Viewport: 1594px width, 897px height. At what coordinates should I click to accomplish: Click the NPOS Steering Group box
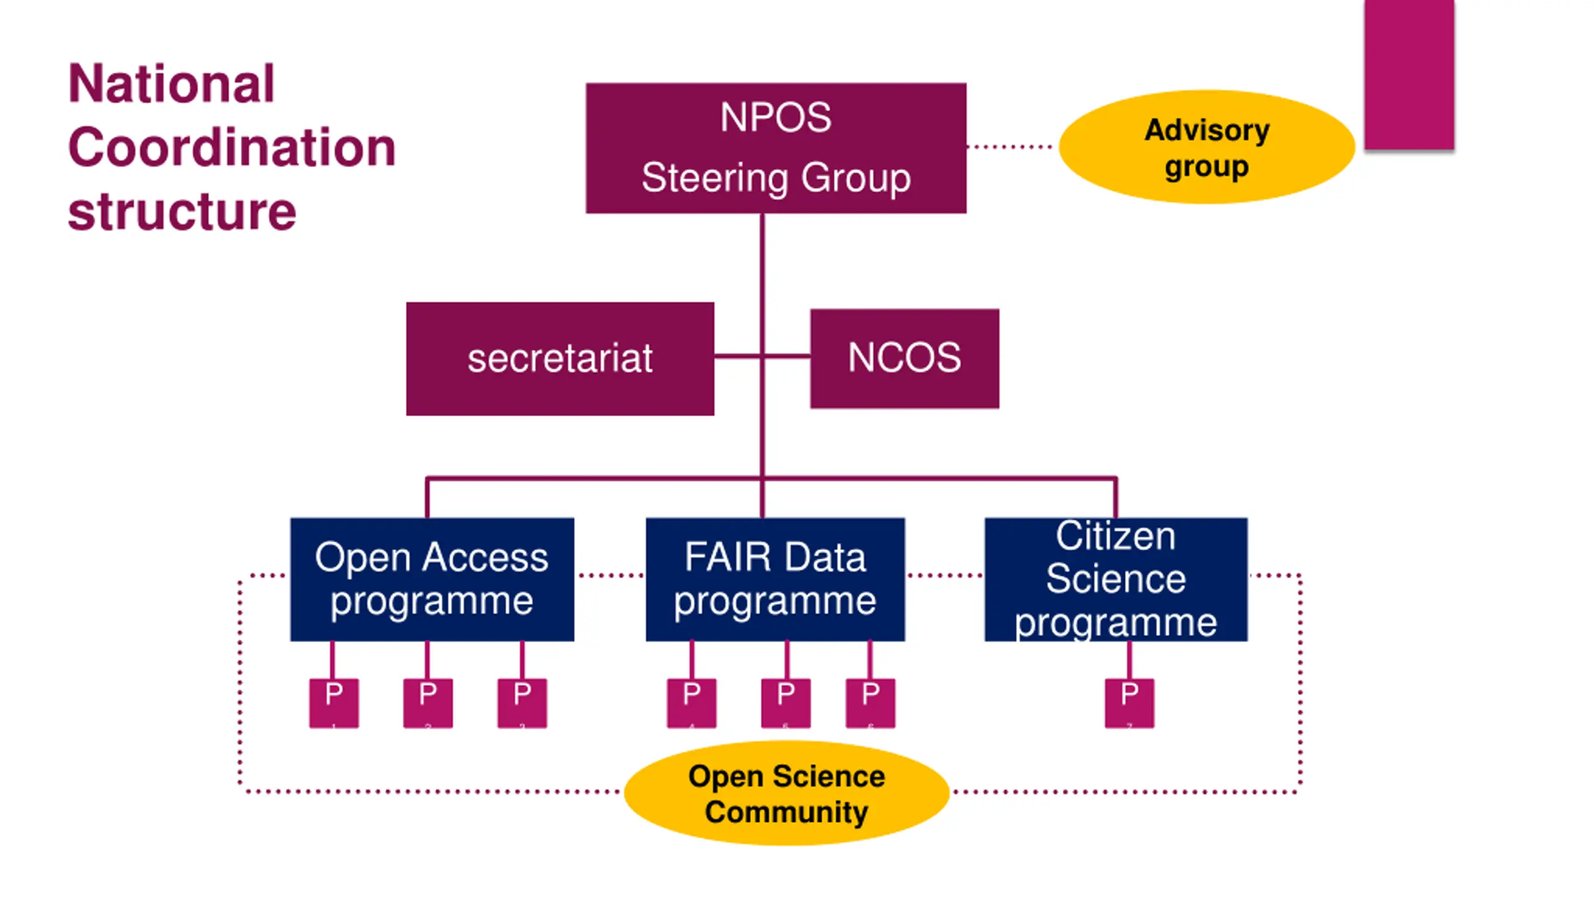point(776,148)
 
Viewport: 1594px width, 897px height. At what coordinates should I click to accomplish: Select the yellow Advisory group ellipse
point(1206,148)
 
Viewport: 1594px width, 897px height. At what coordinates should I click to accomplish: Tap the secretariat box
point(560,359)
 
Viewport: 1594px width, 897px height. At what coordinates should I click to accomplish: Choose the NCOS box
point(904,359)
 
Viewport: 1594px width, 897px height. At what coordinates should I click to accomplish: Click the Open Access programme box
point(432,579)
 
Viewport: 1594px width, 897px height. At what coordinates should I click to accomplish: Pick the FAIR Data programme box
point(775,579)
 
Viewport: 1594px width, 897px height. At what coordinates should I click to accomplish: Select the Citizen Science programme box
point(1116,579)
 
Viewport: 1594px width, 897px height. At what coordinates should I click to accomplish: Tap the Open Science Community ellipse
point(786,793)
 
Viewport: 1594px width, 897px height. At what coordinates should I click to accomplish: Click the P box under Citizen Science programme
point(1129,703)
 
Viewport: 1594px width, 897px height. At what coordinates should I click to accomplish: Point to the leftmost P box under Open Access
point(334,703)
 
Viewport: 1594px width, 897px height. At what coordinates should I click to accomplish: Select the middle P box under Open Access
point(428,703)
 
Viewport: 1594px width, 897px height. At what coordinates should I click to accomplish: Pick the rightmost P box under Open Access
point(522,703)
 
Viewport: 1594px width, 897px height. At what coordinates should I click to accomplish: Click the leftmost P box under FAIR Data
point(691,703)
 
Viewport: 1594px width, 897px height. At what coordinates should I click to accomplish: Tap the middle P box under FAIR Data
point(786,703)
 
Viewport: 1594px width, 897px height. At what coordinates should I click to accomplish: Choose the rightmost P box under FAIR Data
point(870,703)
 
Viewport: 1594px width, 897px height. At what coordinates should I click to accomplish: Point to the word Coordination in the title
point(232,148)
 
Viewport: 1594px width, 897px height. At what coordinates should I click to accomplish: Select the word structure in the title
point(182,212)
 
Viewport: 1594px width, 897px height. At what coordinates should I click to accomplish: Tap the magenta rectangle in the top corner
point(1409,75)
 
